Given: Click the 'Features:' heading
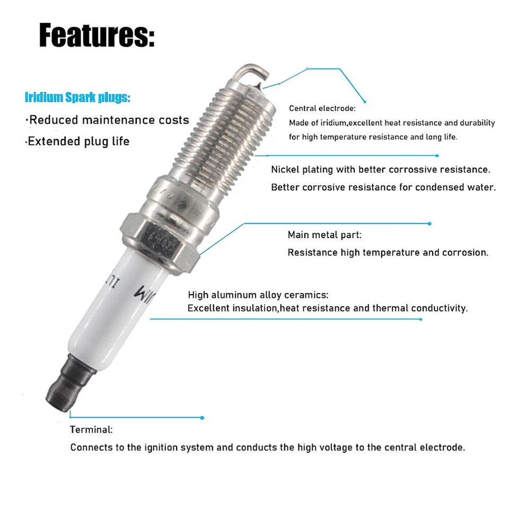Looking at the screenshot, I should (x=96, y=37).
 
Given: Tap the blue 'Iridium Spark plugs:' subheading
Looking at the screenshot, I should (x=77, y=98).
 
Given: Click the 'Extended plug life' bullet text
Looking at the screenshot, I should (x=78, y=142).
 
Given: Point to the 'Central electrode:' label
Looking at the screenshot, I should (x=322, y=109).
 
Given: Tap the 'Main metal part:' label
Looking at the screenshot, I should (x=324, y=235).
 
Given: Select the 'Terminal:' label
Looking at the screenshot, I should (x=91, y=429).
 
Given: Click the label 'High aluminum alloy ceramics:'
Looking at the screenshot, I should (x=258, y=295).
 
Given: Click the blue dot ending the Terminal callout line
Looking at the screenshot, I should (x=203, y=418).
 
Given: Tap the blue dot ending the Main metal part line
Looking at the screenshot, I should (x=429, y=224).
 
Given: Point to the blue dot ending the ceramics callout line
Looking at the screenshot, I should (x=421, y=319).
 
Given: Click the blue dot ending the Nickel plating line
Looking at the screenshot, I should (x=437, y=156).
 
